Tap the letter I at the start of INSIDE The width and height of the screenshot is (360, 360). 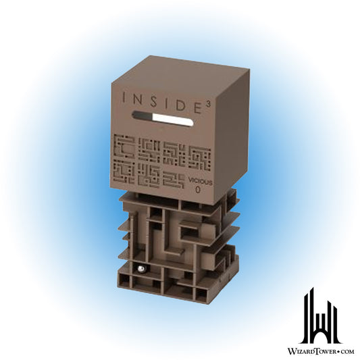point(124,98)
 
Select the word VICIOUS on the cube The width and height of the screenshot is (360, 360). point(200,182)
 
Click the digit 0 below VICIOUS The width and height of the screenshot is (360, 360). point(197,190)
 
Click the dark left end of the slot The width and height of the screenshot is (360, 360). point(142,115)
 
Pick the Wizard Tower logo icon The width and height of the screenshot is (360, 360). point(321,315)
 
